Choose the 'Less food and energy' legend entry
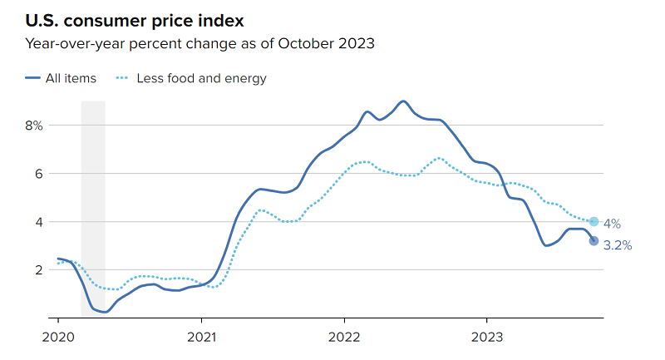[x=200, y=78]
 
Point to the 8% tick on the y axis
[x=33, y=126]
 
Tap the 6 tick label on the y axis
[x=37, y=174]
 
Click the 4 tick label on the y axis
[x=37, y=222]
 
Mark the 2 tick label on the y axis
[x=37, y=270]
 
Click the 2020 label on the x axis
[x=57, y=338]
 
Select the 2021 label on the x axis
[x=200, y=338]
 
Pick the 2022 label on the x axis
[x=343, y=338]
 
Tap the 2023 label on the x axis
[x=486, y=338]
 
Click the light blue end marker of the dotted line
[x=594, y=222]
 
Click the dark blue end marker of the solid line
[x=594, y=241]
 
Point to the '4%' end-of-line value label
[x=611, y=224]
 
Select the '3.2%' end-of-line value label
[x=618, y=245]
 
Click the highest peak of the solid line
[x=403, y=101]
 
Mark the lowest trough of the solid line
[x=105, y=312]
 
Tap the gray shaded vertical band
[x=93, y=208]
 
